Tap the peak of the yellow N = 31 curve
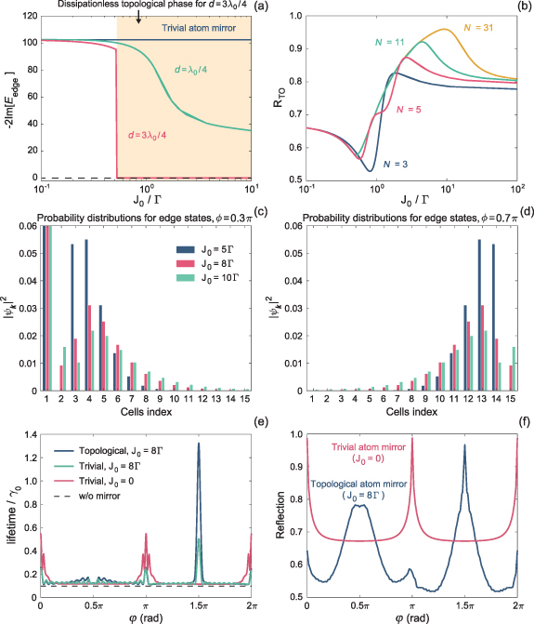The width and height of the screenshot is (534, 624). click(448, 30)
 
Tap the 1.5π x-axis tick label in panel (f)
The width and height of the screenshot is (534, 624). click(464, 607)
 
